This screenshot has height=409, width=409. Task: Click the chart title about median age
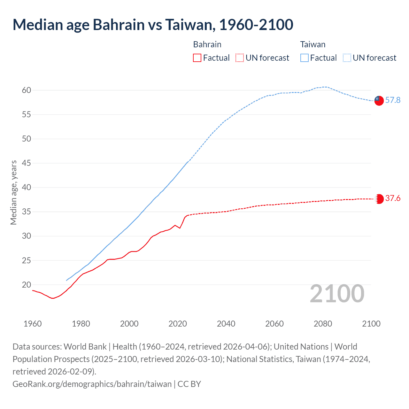click(x=153, y=25)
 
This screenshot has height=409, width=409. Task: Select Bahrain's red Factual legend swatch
click(x=197, y=58)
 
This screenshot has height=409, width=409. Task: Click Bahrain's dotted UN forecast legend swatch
click(x=240, y=58)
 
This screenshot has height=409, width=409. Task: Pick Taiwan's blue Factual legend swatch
click(x=305, y=58)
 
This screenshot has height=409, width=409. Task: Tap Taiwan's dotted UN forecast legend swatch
click(x=347, y=58)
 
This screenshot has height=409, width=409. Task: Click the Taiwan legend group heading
click(x=313, y=44)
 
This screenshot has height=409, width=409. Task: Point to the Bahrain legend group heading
click(x=207, y=44)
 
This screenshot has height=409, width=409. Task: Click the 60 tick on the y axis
click(x=27, y=90)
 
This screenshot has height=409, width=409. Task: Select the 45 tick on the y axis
click(x=27, y=163)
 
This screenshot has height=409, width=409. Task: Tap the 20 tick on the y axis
click(x=27, y=285)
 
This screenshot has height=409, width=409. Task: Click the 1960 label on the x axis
click(x=33, y=324)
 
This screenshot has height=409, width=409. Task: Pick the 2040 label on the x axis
click(x=226, y=324)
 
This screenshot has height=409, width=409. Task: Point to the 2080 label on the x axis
click(x=323, y=324)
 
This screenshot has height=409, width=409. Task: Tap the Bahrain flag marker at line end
click(x=379, y=199)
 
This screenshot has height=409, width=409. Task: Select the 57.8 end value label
click(x=393, y=100)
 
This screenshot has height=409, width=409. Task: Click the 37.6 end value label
click(x=393, y=198)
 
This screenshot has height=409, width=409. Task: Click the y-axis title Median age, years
click(x=13, y=193)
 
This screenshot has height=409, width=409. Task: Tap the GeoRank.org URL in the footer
click(x=92, y=384)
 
